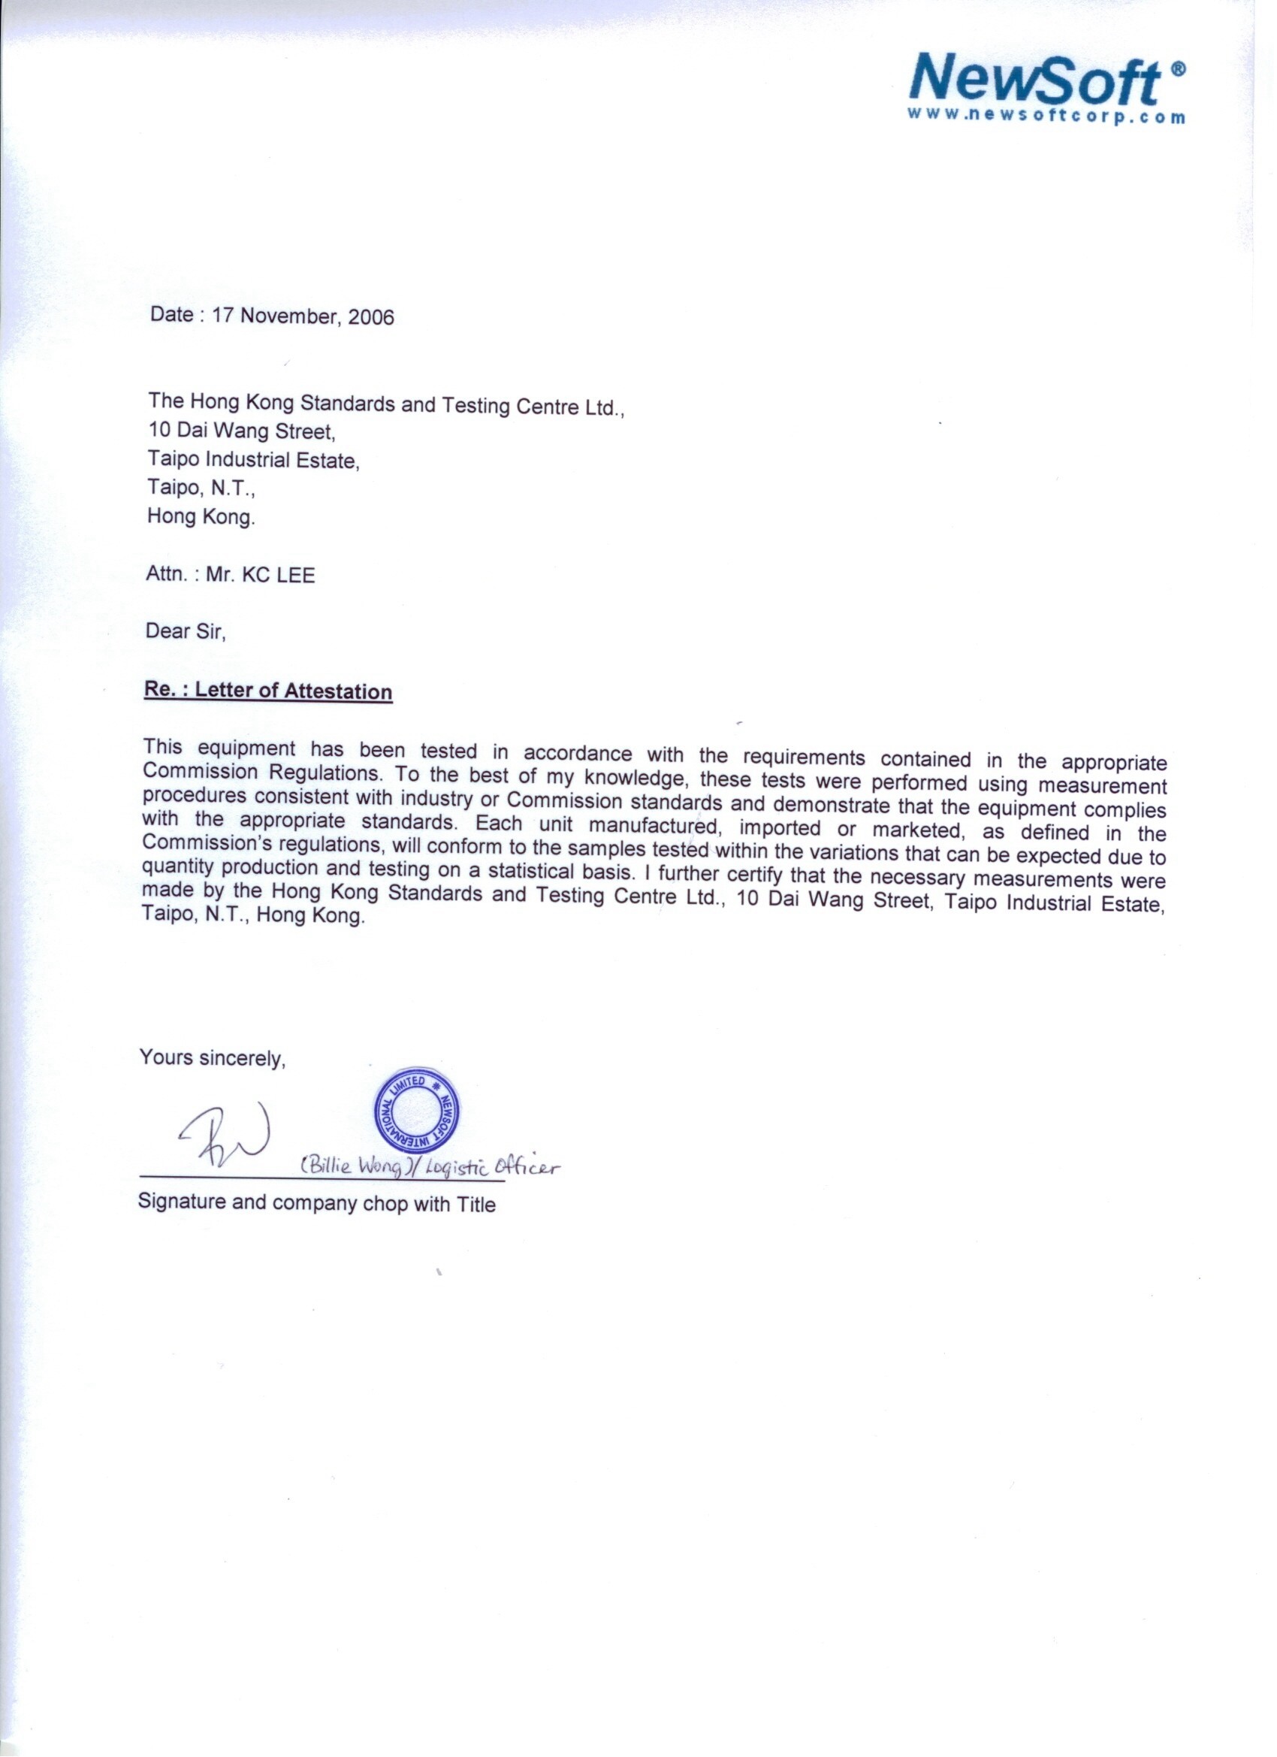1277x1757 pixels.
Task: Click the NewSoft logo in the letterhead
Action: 1035,80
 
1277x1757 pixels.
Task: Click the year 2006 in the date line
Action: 371,317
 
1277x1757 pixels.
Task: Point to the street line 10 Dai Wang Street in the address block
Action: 242,431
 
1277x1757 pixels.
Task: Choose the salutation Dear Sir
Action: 185,631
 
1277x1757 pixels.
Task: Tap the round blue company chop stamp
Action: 417,1108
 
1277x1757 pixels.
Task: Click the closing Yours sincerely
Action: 212,1057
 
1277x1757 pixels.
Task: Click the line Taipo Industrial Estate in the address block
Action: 253,460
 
